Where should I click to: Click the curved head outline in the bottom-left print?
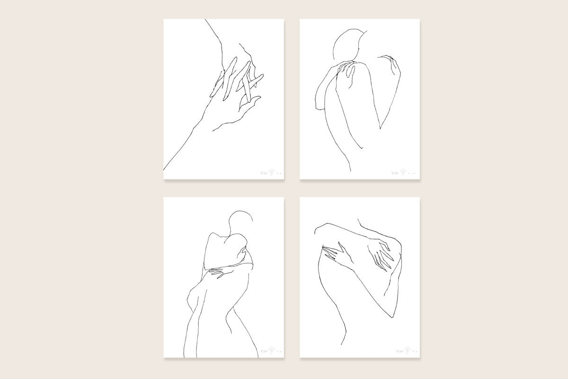(x=240, y=221)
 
